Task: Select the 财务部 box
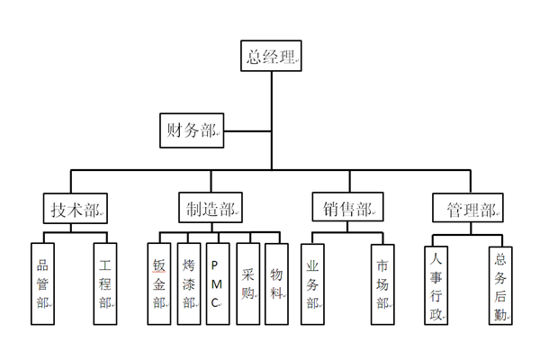(x=192, y=130)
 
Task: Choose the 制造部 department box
(x=209, y=210)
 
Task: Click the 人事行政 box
(x=436, y=283)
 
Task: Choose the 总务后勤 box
(x=500, y=283)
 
